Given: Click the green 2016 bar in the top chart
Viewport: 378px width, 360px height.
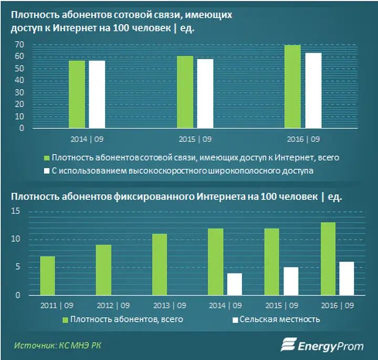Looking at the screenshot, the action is point(292,86).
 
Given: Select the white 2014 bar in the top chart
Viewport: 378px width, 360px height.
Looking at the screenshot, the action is point(97,95).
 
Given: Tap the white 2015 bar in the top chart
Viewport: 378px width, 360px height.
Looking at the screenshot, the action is point(205,94).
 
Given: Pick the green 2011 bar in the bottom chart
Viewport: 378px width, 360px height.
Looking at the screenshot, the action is point(47,276).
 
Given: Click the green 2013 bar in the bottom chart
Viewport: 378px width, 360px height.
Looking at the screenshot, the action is point(160,265).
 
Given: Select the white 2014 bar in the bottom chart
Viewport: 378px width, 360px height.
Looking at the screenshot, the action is point(235,284).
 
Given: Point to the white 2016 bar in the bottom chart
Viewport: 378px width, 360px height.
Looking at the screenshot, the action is point(346,279).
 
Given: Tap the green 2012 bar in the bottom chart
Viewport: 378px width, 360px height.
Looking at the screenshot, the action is point(103,270).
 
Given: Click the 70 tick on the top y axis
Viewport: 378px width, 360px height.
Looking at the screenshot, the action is point(19,44).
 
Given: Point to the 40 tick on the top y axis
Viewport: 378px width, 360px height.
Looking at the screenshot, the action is point(19,80).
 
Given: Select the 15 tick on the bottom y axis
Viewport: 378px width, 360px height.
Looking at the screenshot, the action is point(16,211).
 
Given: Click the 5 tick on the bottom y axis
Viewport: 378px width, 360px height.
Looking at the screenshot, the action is point(18,267).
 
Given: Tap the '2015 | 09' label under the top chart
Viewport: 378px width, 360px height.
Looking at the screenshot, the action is point(195,139).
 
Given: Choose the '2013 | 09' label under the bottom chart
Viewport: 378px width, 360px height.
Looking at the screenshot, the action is point(170,306).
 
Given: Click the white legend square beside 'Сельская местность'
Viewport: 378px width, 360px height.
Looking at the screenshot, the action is point(235,320).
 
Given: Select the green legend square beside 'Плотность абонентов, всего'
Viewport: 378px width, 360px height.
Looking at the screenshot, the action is point(65,320).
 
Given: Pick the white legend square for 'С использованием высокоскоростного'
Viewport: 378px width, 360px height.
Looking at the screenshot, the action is point(47,171).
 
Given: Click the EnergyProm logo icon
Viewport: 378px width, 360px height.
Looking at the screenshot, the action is point(289,344).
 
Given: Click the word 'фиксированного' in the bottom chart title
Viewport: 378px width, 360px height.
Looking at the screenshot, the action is point(154,197).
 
